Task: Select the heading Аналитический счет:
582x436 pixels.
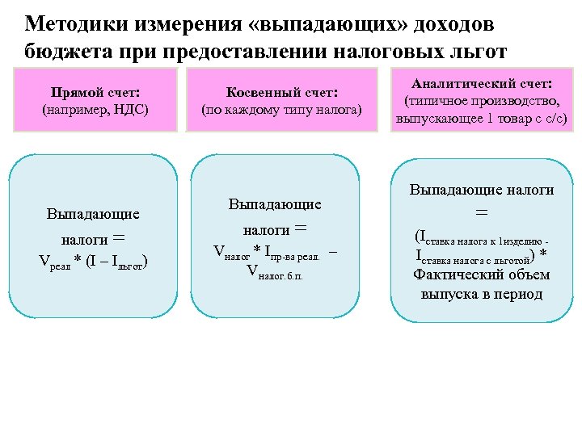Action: click(x=482, y=83)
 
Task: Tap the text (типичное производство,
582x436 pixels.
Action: click(x=482, y=102)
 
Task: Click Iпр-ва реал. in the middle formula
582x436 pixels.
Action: click(x=298, y=253)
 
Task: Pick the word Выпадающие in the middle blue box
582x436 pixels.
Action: click(x=275, y=205)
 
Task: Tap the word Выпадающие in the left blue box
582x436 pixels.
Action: click(x=93, y=214)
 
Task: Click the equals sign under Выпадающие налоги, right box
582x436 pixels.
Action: click(x=482, y=212)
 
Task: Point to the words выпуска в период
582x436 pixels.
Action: click(x=482, y=294)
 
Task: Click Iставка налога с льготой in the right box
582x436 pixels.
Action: click(x=473, y=258)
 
